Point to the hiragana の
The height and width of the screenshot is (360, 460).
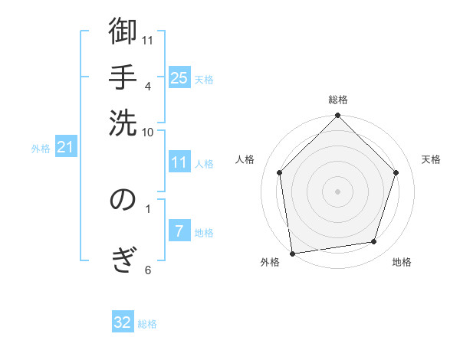(x=123, y=200)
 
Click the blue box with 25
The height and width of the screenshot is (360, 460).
(x=179, y=77)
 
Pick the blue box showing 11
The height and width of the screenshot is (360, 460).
(x=179, y=162)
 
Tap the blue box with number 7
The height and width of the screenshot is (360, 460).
(x=179, y=231)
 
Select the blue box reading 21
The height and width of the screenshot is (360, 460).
(x=65, y=147)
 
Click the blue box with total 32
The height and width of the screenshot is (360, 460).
(x=123, y=322)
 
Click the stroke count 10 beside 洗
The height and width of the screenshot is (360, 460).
(x=148, y=132)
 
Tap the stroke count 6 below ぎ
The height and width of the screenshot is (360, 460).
(x=147, y=270)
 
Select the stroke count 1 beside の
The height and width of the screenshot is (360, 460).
(x=147, y=208)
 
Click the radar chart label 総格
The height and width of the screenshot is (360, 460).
(x=337, y=100)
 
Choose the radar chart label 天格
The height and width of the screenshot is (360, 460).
(x=431, y=159)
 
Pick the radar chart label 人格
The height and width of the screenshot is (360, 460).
(x=245, y=159)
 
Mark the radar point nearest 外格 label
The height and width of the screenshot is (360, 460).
(x=292, y=253)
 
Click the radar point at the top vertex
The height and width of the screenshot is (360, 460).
(x=337, y=116)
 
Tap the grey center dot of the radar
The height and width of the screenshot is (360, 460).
(x=337, y=191)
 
